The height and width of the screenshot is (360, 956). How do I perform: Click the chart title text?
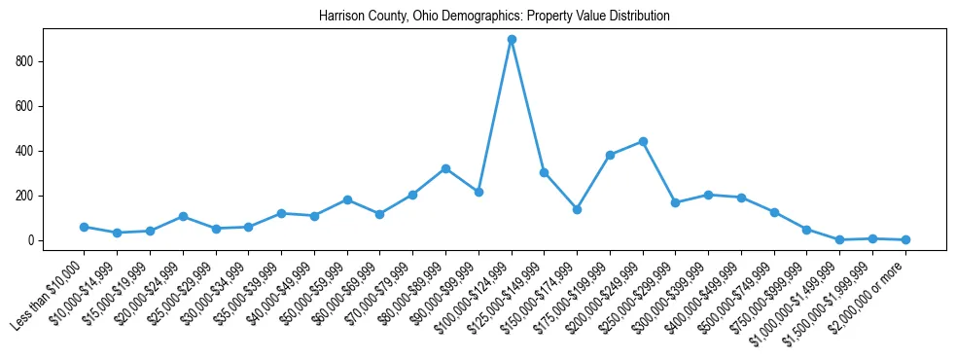point(494,17)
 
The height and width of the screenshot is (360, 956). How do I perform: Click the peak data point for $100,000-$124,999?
point(512,39)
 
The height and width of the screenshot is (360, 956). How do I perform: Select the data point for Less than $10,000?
point(85,227)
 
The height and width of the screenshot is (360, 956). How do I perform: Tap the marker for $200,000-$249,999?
point(643,141)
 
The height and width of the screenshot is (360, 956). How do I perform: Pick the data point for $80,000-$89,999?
point(445,168)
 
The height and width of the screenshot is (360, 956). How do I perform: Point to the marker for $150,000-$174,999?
point(577,209)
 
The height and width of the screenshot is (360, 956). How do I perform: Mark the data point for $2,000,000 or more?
point(905,239)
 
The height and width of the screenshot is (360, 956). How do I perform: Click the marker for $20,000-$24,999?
point(183,216)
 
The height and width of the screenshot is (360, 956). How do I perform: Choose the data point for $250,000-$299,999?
point(676,202)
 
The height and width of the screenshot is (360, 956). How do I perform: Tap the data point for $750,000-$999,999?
point(807,230)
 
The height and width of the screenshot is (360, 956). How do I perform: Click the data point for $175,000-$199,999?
point(610,155)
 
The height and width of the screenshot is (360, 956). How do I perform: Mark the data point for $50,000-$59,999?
point(347,199)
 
